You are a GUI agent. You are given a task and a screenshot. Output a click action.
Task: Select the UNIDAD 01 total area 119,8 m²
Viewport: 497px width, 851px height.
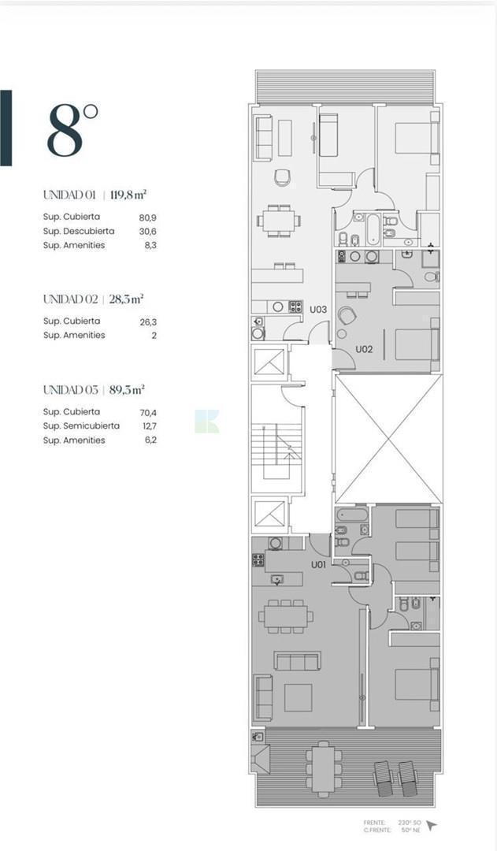tap(128, 194)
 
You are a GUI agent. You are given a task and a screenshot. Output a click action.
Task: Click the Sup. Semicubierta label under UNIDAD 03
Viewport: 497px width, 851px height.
tap(81, 425)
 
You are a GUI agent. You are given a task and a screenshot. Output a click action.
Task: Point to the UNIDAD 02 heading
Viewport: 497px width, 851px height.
tap(70, 299)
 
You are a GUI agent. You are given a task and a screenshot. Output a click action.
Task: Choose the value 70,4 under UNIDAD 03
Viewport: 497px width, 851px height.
tap(148, 411)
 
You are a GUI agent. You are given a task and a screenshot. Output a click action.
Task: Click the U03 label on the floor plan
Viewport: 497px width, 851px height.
tap(317, 310)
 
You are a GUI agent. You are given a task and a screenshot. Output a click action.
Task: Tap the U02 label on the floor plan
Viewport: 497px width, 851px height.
tap(363, 349)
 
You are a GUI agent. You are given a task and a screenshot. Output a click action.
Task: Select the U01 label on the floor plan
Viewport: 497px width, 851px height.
tap(318, 564)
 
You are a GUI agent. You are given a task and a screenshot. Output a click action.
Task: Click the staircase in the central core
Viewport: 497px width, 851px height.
tap(277, 449)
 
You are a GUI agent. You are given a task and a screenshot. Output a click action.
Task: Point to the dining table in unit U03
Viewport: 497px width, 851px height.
tap(278, 220)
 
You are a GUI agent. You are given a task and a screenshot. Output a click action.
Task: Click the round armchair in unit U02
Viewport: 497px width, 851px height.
tap(347, 317)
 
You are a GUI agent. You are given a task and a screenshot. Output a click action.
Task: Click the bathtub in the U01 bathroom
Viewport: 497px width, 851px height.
tap(347, 516)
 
